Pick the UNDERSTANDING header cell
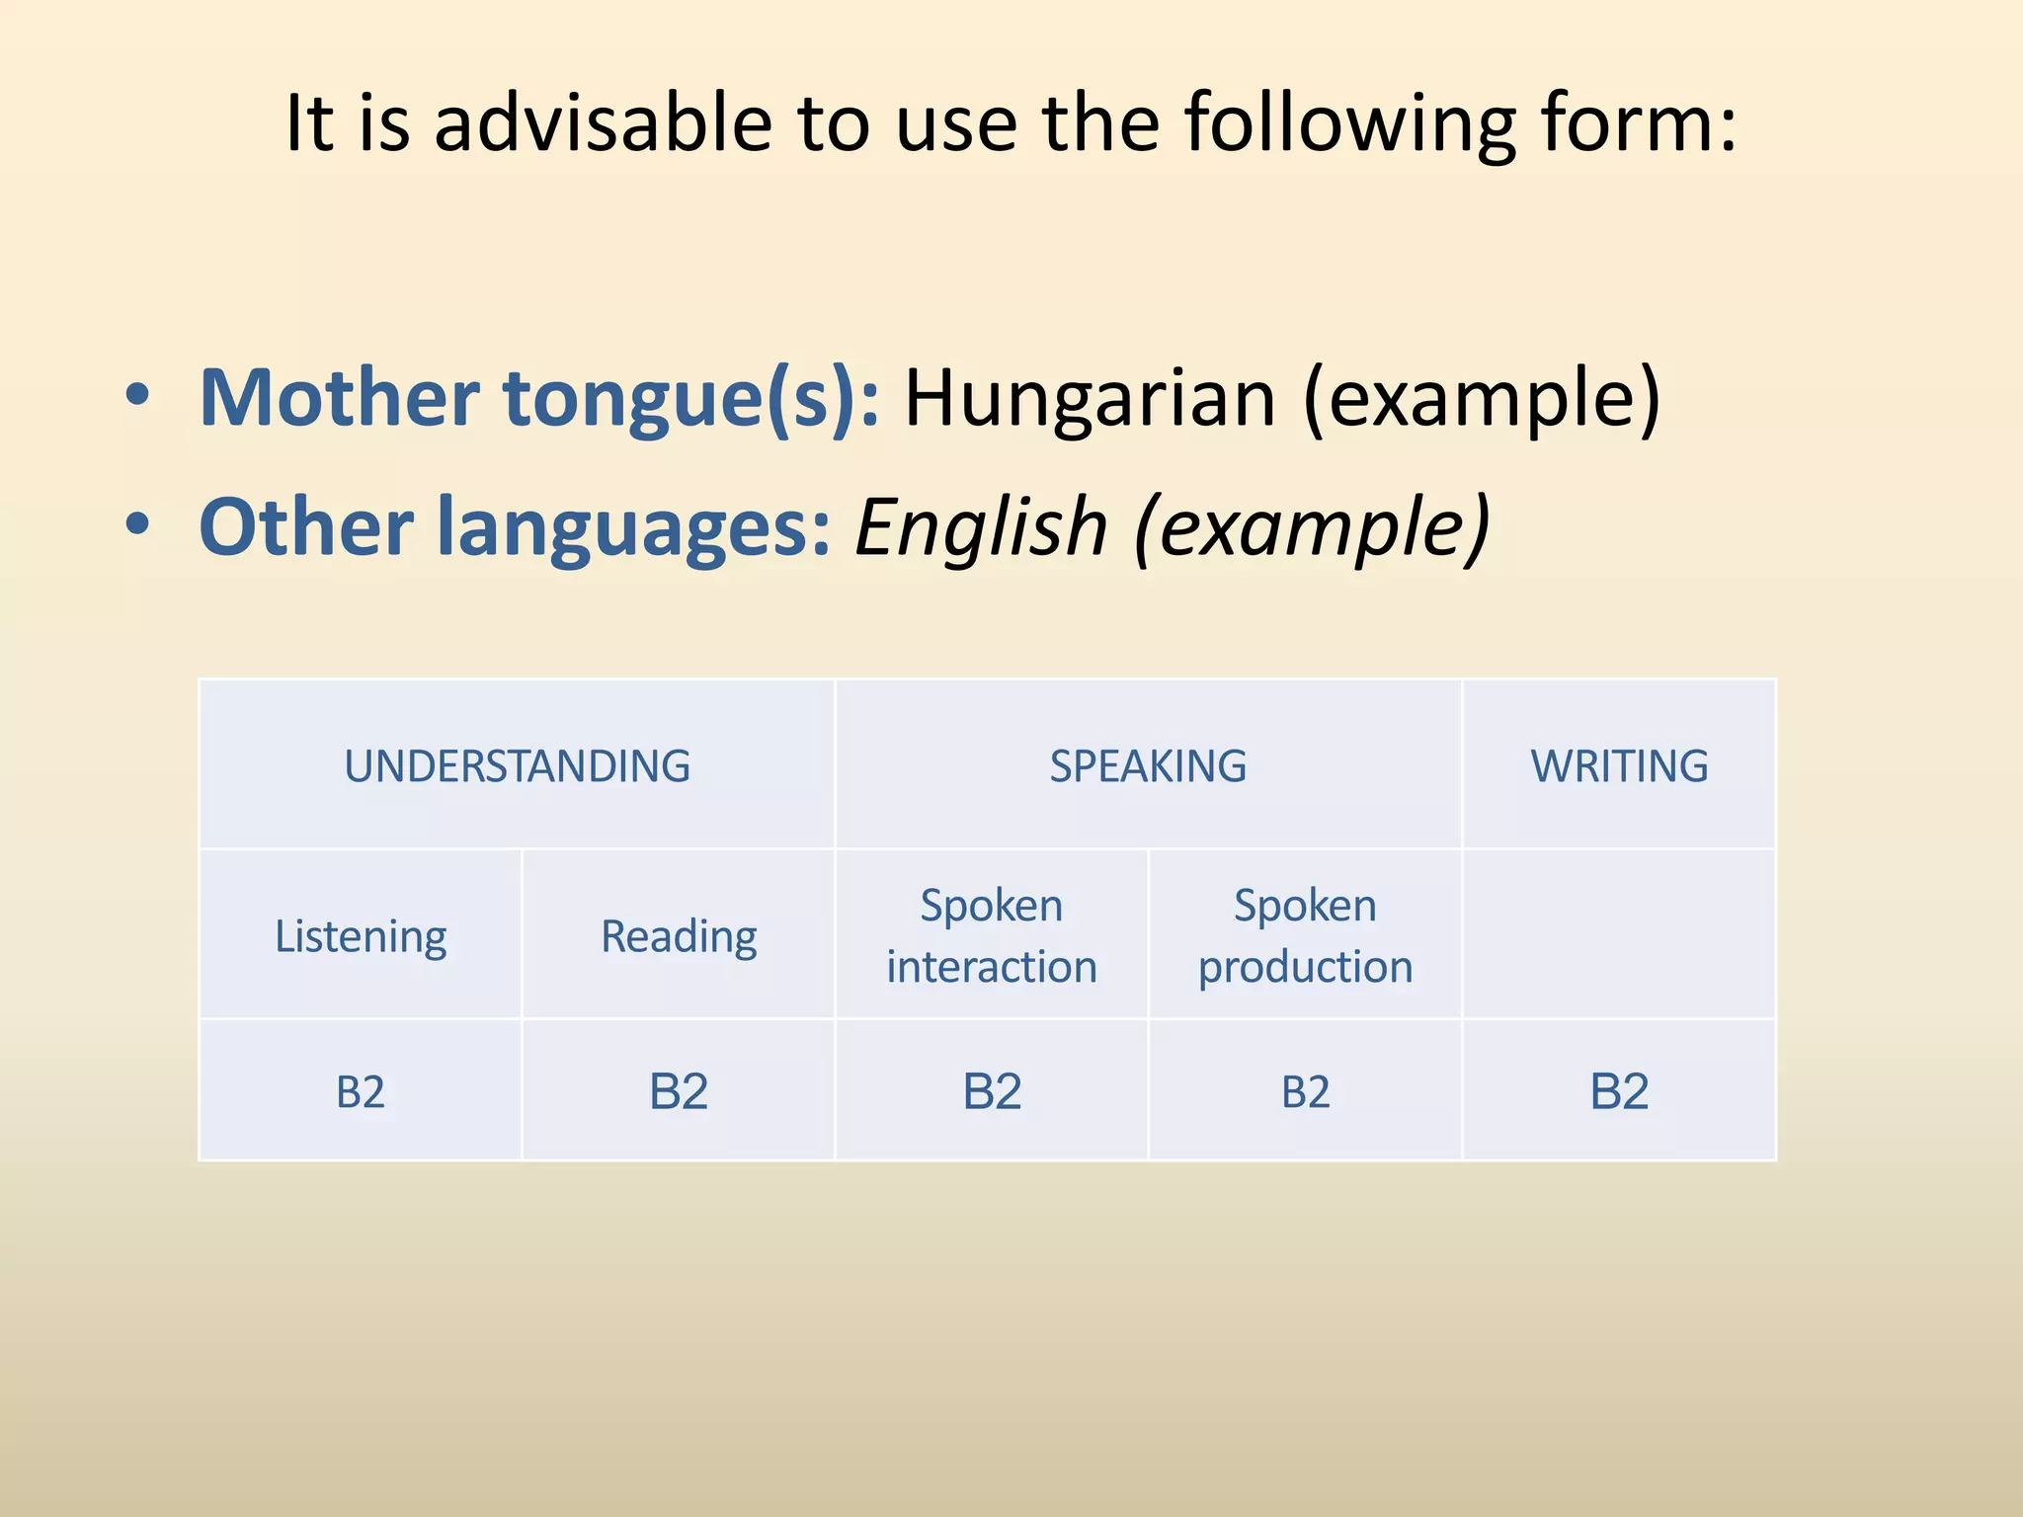coord(517,765)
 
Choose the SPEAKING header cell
coord(1148,765)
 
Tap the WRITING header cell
coord(1619,765)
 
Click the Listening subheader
coord(361,935)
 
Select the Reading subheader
coord(679,935)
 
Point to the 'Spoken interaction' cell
coord(992,935)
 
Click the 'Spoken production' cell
coord(1305,935)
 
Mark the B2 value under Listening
coord(361,1091)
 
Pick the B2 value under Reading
coord(679,1091)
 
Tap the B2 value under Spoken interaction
coord(992,1091)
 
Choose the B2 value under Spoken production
coord(1305,1091)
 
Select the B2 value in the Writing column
coord(1619,1091)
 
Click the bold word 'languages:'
coord(633,526)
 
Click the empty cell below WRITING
coord(1619,934)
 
